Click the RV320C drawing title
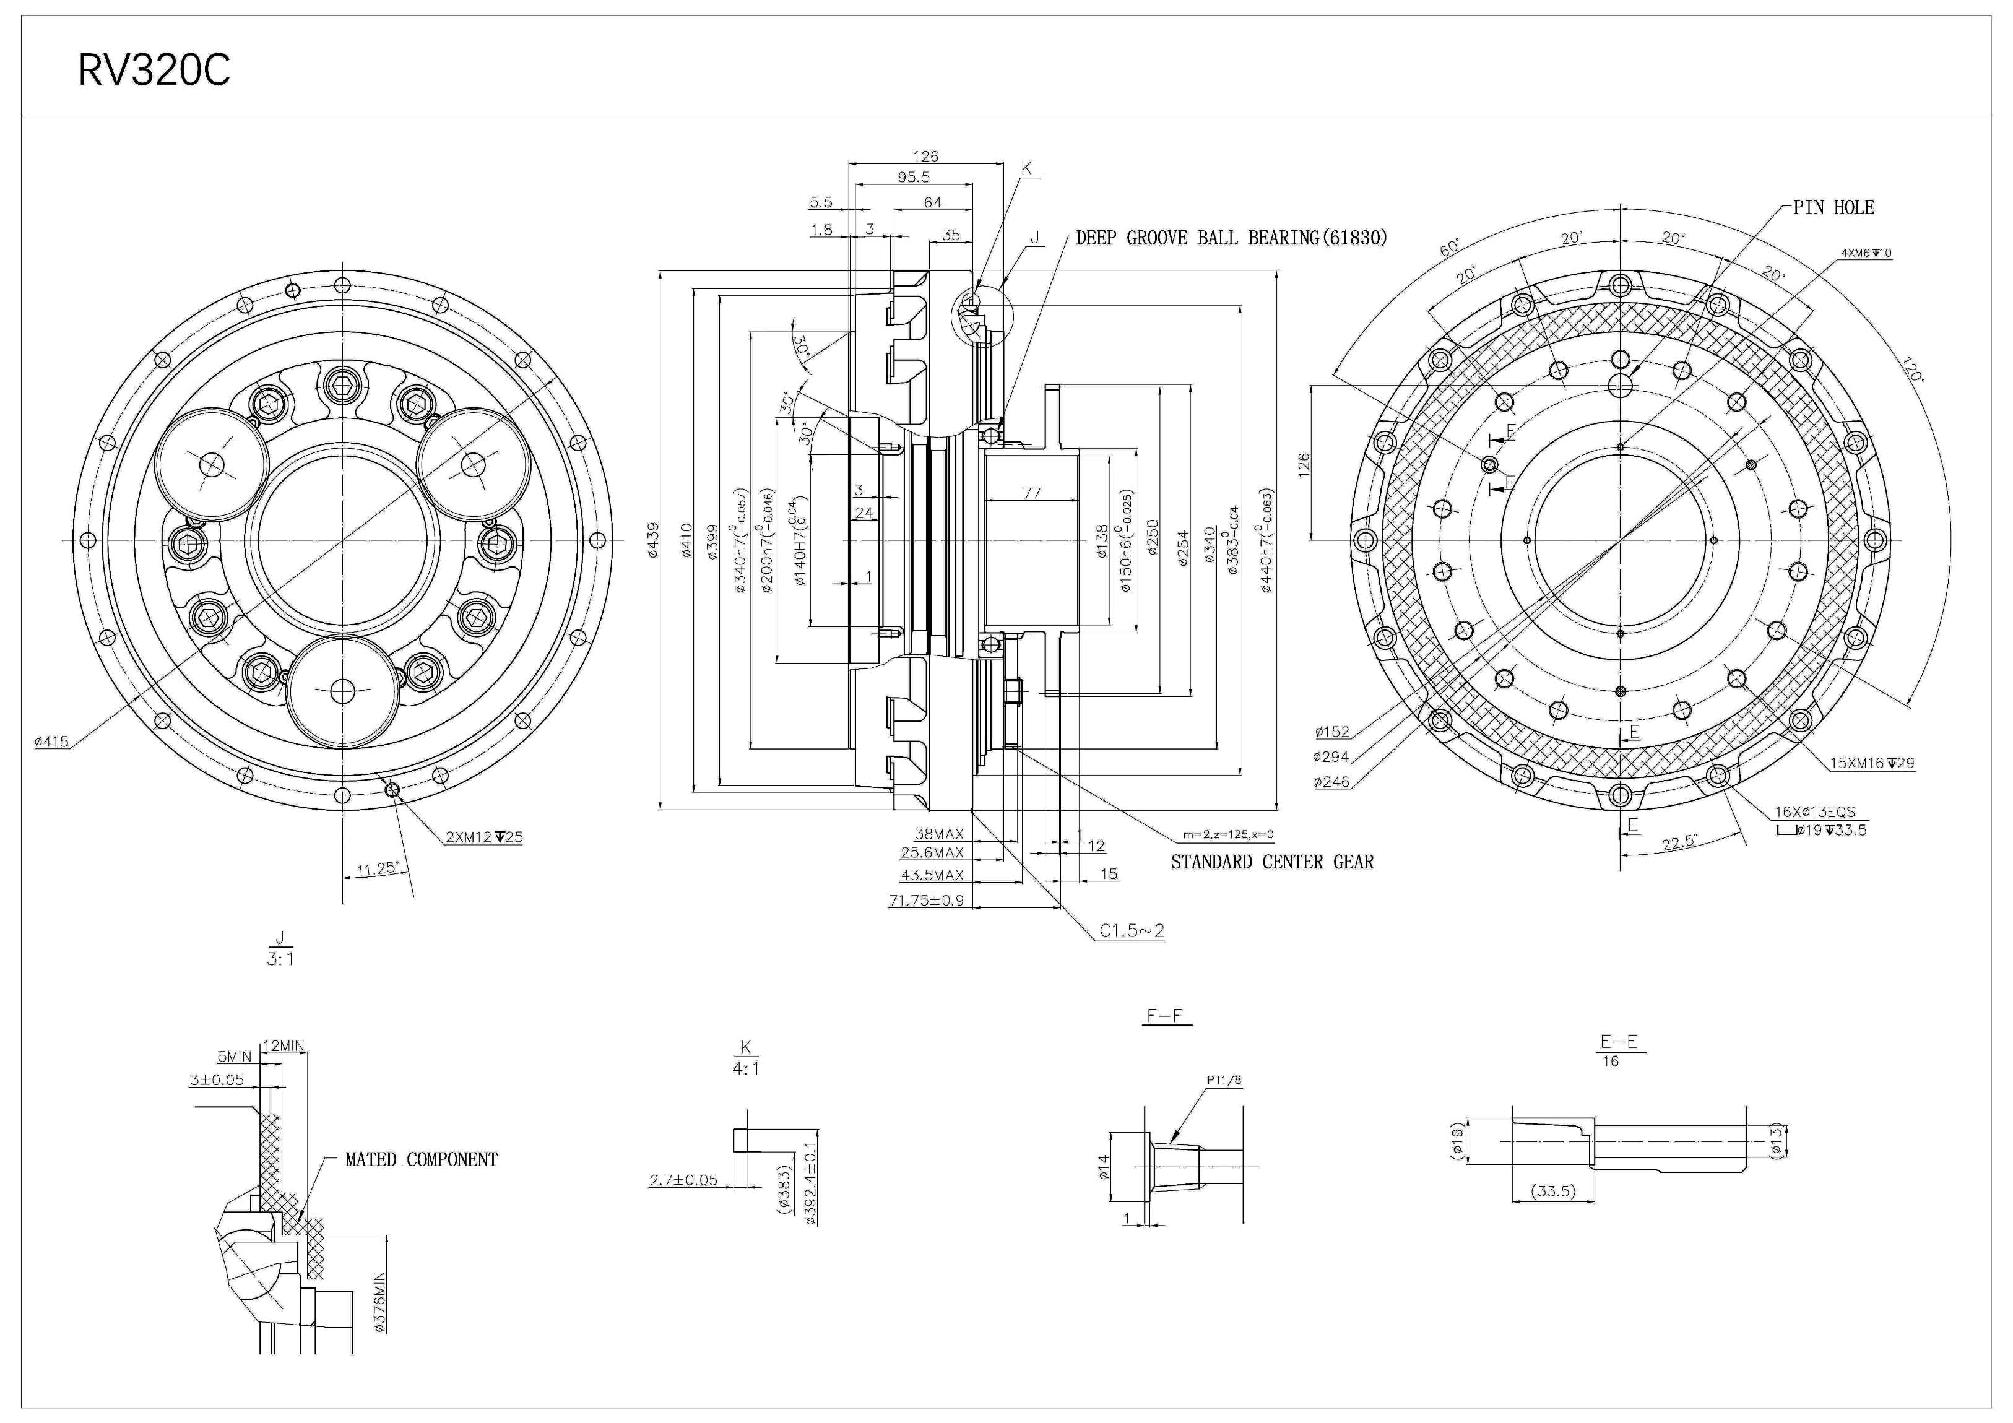pos(154,70)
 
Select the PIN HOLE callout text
pos(1833,208)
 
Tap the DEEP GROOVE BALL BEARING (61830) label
pos(1231,238)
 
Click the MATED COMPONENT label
pos(421,1160)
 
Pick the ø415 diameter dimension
pos(51,742)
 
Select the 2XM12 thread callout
pos(484,837)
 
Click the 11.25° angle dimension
pos(377,870)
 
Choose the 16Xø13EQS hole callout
pos(1815,813)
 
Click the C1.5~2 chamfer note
pos(1132,931)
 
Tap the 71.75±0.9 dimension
pos(926,901)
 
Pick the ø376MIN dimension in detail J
pos(379,1302)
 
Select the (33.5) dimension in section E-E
pos(1552,1192)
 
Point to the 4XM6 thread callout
pos(1866,253)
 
